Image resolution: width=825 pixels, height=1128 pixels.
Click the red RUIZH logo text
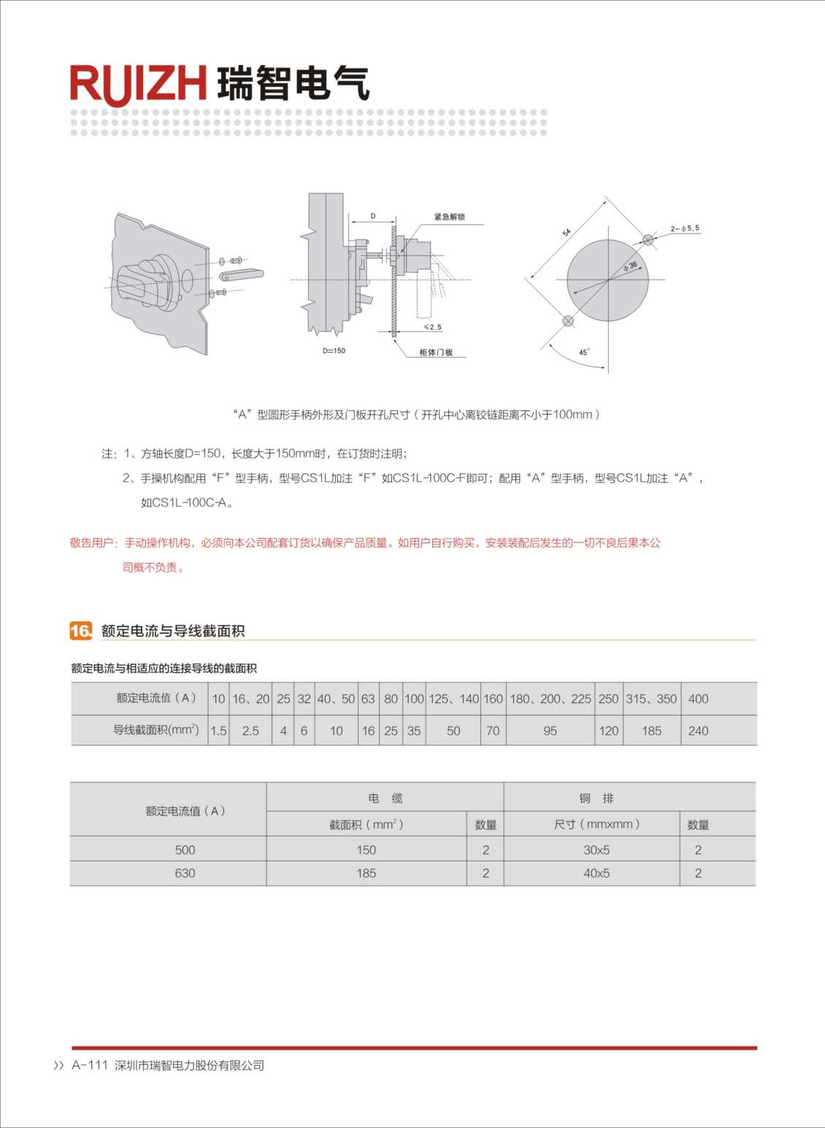tap(138, 84)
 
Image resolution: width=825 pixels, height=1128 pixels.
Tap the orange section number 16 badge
tap(80, 631)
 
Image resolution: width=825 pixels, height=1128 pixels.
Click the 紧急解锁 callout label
tap(449, 217)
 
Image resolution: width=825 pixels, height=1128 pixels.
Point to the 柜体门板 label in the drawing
tap(436, 353)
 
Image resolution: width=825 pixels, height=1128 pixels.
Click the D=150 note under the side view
tap(334, 351)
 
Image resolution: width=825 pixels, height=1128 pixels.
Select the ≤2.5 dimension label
tap(433, 327)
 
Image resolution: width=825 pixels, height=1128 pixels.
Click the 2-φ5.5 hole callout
tap(685, 229)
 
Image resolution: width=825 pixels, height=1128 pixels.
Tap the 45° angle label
tap(584, 352)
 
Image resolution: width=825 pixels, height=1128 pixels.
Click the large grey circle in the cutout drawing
tap(607, 280)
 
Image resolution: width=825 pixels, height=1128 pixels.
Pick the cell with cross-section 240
tap(698, 731)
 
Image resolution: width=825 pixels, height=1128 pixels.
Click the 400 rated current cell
tap(698, 699)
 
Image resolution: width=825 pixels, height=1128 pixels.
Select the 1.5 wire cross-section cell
tap(218, 731)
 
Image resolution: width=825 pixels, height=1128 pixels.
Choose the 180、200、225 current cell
tap(550, 699)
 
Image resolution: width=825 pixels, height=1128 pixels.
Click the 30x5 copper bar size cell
tap(596, 850)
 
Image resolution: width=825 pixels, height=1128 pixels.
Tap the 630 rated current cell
tap(185, 873)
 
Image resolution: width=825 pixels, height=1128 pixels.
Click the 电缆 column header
tap(385, 798)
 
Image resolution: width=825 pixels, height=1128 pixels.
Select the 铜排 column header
tap(596, 798)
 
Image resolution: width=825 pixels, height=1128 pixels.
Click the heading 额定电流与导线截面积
tap(173, 631)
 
